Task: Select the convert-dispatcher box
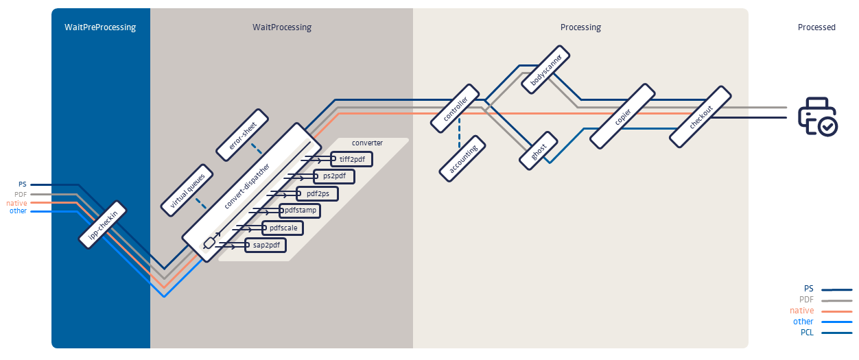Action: coord(252,192)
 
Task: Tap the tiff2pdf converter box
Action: coord(352,159)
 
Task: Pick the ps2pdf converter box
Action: coord(335,176)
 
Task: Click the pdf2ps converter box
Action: coord(318,193)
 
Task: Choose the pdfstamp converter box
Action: coord(301,210)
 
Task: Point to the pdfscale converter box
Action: coord(283,227)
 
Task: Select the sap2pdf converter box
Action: coord(266,244)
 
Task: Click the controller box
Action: coord(455,108)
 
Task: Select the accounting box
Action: coord(463,158)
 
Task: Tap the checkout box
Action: coord(701,116)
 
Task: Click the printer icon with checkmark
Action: coord(817,117)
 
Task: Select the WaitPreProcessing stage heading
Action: coord(100,27)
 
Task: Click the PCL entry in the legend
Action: coord(807,333)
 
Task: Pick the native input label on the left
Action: coord(16,203)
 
